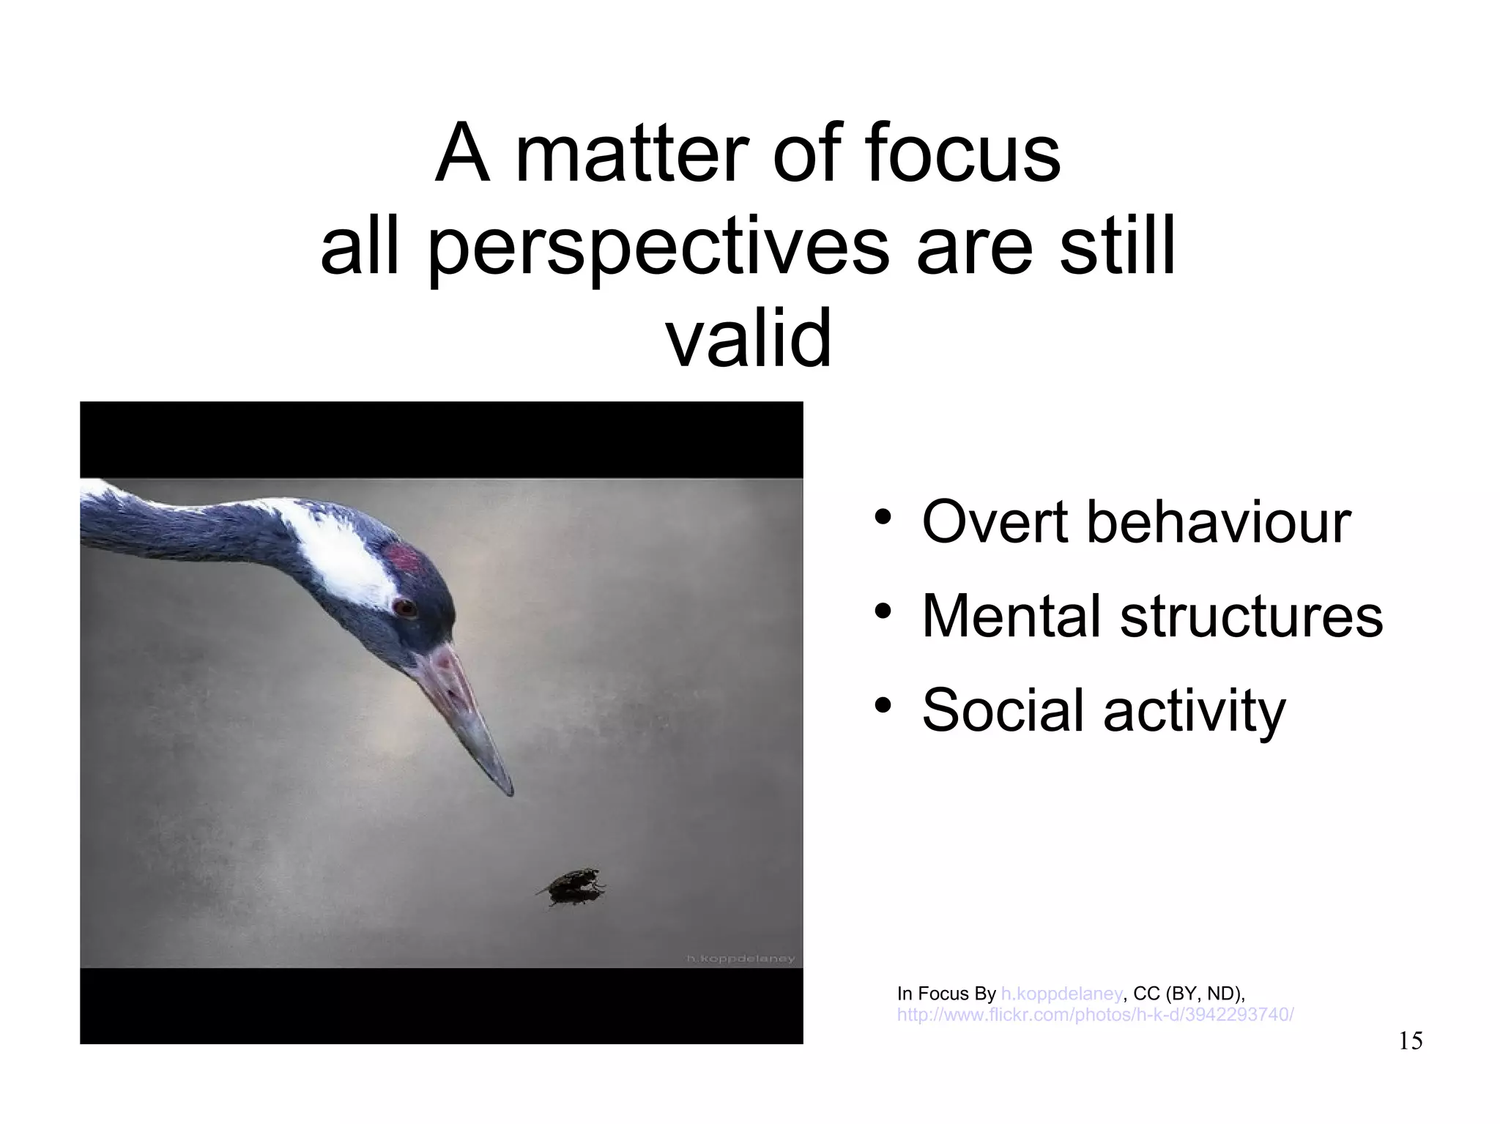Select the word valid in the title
749,338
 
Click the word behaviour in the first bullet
1218,522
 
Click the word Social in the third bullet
1004,710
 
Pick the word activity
1194,711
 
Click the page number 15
1410,1041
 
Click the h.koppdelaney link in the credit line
1061,994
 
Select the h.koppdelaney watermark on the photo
740,959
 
